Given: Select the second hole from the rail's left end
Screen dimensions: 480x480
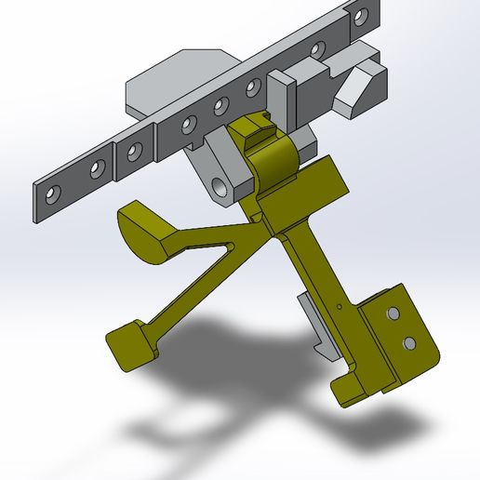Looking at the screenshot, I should (x=95, y=168).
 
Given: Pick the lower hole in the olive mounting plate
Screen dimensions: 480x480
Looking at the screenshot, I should (x=409, y=344).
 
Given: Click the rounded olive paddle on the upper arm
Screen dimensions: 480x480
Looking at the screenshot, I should (x=149, y=228).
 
